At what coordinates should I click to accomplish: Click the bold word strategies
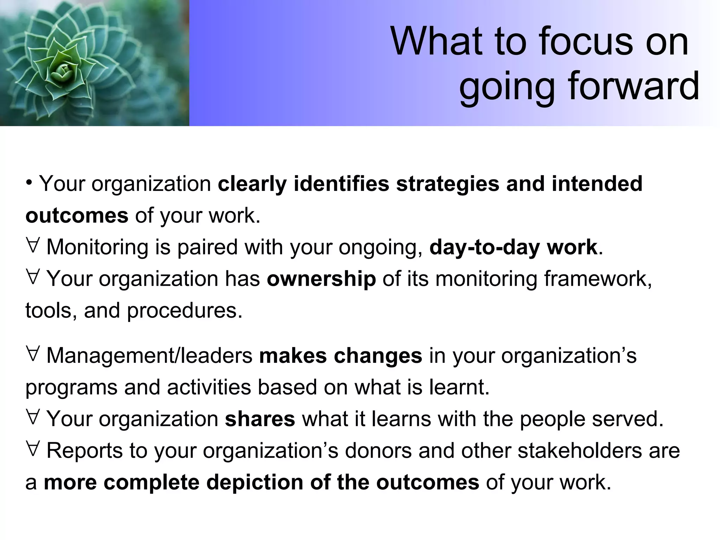447,184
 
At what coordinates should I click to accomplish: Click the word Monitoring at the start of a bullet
97,247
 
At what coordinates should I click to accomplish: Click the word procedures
185,311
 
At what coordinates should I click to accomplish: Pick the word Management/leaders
149,356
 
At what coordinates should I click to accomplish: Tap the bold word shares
260,419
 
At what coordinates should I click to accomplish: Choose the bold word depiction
255,482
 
